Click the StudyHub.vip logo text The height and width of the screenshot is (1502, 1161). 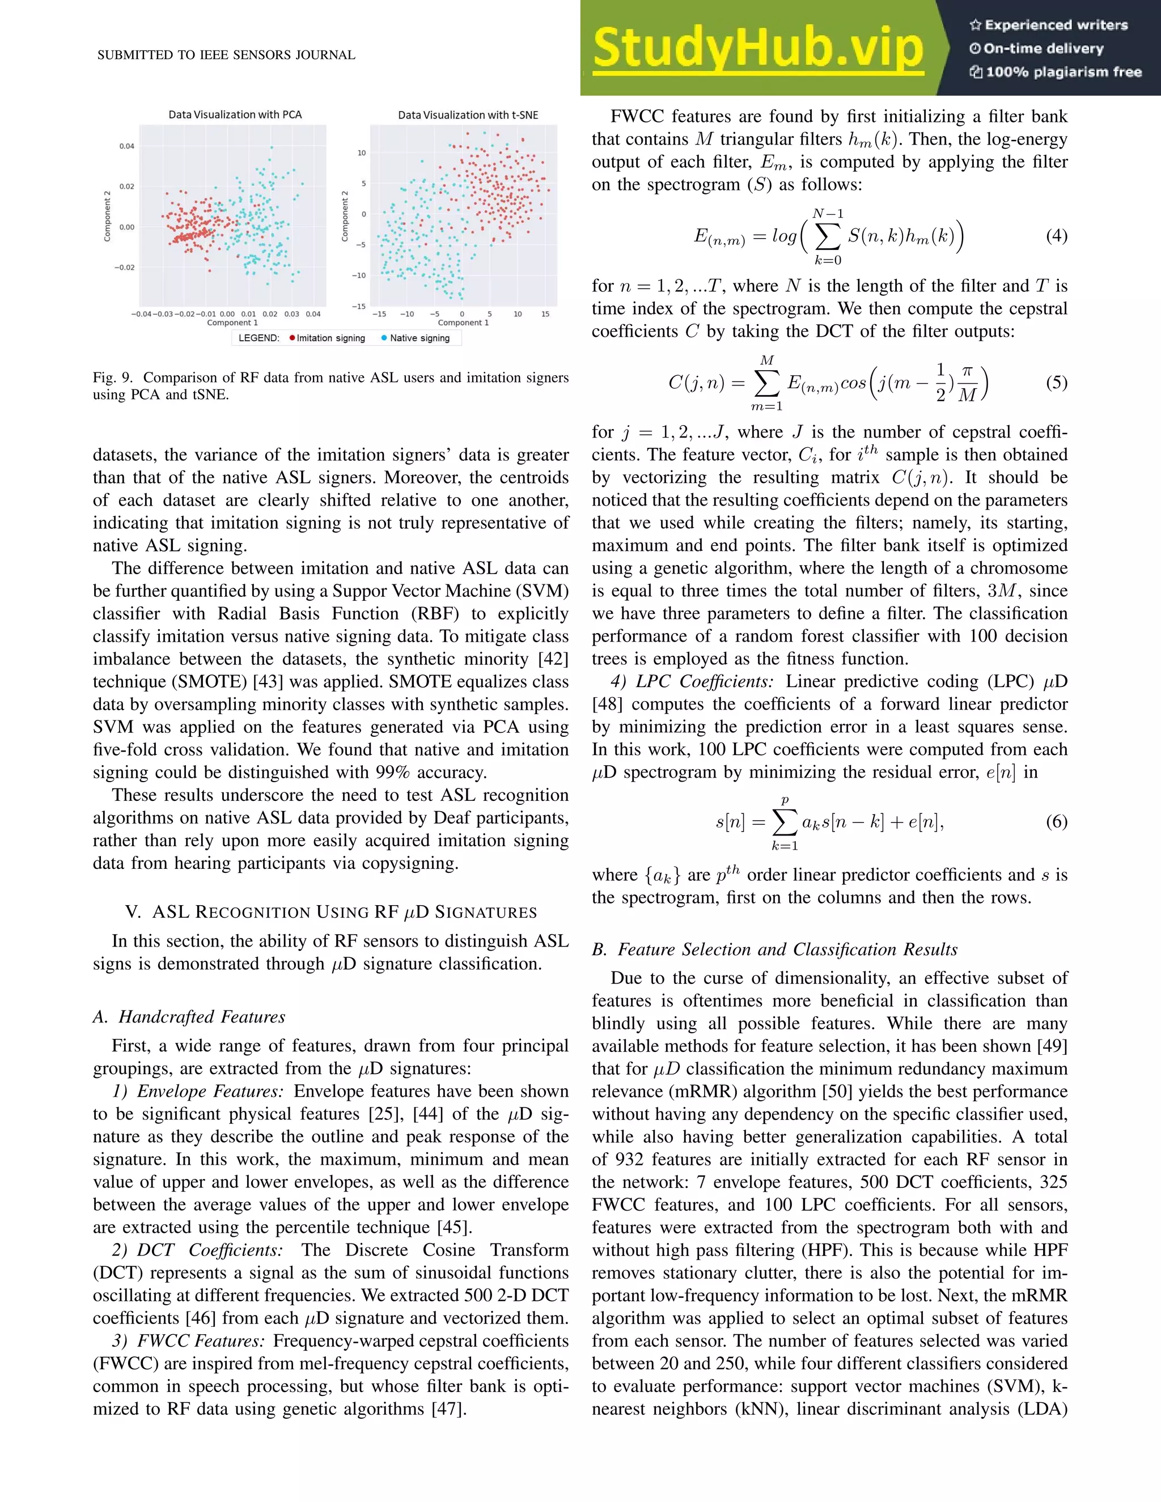point(757,48)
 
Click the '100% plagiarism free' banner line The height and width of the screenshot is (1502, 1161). point(1056,71)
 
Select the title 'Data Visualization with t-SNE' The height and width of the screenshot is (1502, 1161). point(468,115)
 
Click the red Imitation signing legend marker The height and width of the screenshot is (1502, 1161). point(293,338)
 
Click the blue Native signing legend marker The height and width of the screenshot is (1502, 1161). point(384,338)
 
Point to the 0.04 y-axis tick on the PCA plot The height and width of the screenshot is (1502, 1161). point(126,146)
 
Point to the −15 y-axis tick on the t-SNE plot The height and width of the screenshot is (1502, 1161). point(358,306)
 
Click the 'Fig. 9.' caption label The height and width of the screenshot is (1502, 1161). point(112,377)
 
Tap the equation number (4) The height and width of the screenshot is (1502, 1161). point(1056,236)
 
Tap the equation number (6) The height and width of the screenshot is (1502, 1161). point(1056,821)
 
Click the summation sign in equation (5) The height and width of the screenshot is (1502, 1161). point(767,384)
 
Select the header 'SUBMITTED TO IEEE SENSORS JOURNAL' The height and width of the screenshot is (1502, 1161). point(226,55)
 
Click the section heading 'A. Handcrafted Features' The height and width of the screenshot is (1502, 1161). point(189,1016)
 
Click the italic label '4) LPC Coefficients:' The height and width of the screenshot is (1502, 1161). point(691,681)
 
